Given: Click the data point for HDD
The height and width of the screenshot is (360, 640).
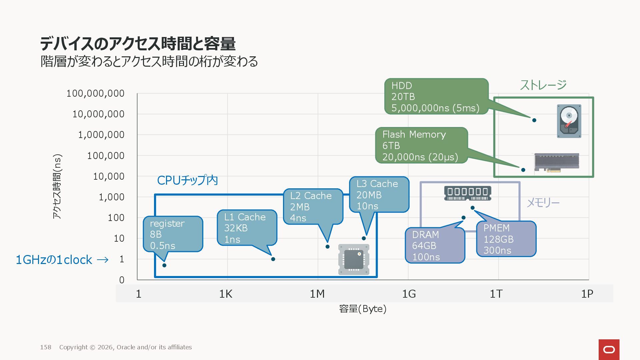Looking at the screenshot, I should click(x=534, y=120).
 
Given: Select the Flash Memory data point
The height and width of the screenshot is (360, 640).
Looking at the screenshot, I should click(x=523, y=170).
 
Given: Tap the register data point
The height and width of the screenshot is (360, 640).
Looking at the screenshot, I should click(x=164, y=265).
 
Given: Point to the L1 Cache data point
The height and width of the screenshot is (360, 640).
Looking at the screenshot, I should click(x=273, y=259).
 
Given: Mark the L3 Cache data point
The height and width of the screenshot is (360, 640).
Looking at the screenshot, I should click(x=364, y=238).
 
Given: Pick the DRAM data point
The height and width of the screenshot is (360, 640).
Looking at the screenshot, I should click(x=463, y=218).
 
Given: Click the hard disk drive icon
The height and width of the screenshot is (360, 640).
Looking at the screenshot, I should click(x=569, y=121).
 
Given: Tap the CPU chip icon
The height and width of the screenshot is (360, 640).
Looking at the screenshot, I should click(x=354, y=259).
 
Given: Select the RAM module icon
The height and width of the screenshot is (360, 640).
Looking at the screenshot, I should click(x=467, y=193).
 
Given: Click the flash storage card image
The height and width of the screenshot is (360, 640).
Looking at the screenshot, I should click(x=556, y=162).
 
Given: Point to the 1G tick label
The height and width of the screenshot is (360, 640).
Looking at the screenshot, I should click(x=409, y=294).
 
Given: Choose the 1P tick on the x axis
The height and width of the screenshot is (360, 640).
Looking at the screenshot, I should click(x=587, y=294).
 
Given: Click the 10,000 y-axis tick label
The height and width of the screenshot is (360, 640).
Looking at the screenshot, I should click(x=109, y=176).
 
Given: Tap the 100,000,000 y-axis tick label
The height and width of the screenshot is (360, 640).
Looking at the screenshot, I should click(x=95, y=93).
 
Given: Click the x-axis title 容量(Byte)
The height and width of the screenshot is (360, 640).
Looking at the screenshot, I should click(x=363, y=309).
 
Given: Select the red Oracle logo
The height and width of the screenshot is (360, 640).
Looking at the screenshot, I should click(x=609, y=349).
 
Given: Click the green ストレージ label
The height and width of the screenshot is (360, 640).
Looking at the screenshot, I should click(x=543, y=85).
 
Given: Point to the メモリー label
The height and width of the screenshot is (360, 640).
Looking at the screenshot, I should click(x=543, y=203).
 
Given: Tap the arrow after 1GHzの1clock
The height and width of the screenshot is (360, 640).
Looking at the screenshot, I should click(x=102, y=260).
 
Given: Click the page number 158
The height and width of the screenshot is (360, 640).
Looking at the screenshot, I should click(x=46, y=347).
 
